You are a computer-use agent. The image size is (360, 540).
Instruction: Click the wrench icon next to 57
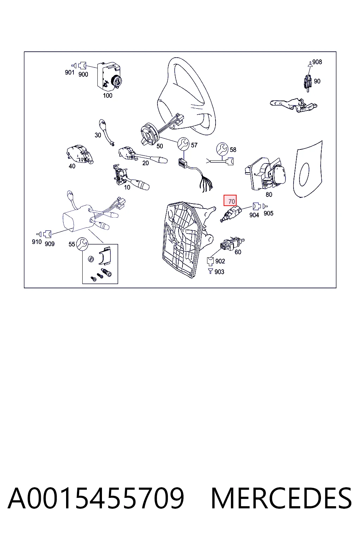click(x=184, y=144)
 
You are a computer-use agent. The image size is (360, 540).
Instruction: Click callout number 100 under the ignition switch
click(x=108, y=96)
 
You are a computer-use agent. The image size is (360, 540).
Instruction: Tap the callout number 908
click(x=317, y=62)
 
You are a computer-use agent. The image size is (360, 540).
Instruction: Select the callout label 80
click(x=269, y=194)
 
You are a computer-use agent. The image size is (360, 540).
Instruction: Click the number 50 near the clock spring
click(x=160, y=146)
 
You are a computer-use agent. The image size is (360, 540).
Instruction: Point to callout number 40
click(x=72, y=166)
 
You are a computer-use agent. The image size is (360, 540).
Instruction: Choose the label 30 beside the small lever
click(x=98, y=135)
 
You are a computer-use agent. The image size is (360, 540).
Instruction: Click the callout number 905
click(x=268, y=213)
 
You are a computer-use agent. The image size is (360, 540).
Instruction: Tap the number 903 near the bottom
click(x=219, y=272)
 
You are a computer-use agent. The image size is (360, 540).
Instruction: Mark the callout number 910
click(x=37, y=242)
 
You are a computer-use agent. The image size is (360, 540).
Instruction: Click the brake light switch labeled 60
click(x=232, y=243)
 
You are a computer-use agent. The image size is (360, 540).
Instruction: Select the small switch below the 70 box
click(x=231, y=214)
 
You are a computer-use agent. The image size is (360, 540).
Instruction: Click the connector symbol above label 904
click(x=256, y=206)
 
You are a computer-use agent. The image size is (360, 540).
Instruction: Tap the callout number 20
click(x=146, y=163)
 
